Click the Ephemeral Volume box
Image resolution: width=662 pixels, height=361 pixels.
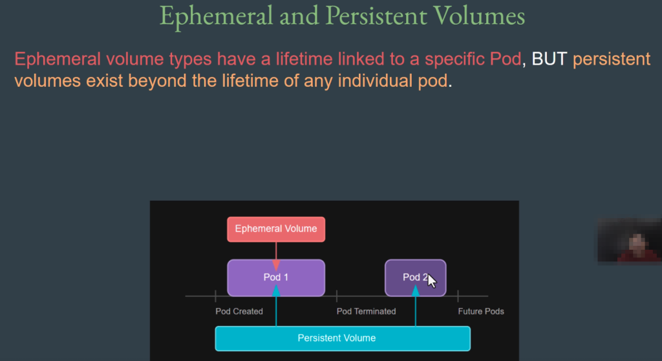(x=276, y=229)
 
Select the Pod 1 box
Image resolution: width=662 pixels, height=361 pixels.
(x=276, y=278)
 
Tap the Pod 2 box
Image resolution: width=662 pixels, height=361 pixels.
(x=416, y=278)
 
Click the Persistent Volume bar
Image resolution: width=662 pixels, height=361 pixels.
(x=343, y=338)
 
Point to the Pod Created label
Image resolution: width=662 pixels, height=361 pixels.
(x=239, y=312)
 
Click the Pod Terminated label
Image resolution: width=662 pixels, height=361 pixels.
(x=366, y=312)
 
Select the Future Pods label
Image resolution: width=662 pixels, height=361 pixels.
(x=481, y=312)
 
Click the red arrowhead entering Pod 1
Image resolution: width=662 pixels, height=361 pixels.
(x=276, y=265)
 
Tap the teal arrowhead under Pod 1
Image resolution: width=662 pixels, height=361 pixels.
(x=276, y=290)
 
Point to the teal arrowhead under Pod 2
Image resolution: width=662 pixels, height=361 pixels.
(x=416, y=290)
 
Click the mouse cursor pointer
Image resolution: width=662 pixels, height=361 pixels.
(x=432, y=281)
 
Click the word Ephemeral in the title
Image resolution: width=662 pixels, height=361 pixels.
(x=216, y=16)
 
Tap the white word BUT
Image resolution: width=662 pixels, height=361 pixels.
(x=550, y=59)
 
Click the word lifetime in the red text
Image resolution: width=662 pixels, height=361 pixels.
(x=304, y=59)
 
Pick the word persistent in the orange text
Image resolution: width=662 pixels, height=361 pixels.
(x=612, y=60)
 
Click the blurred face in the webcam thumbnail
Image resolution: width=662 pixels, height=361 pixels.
(x=637, y=243)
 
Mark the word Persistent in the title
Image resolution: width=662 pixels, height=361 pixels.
(x=376, y=16)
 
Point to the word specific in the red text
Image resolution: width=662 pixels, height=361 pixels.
(x=454, y=60)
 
